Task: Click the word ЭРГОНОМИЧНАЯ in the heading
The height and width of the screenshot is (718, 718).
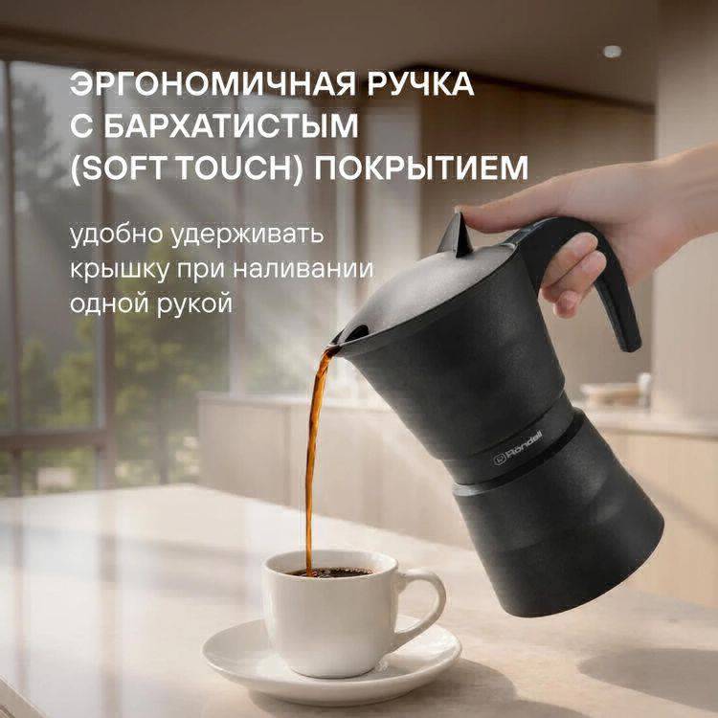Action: coord(213,84)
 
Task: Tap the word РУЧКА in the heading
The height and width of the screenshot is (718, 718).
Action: coord(420,84)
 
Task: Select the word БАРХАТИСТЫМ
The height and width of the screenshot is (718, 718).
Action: coord(232,125)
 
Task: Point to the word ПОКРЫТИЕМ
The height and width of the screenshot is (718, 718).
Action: coord(421,168)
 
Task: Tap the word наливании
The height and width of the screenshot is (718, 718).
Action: coord(303,269)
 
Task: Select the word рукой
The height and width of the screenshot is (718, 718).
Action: coord(194,304)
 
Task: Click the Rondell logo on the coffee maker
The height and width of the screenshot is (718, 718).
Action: coord(518,447)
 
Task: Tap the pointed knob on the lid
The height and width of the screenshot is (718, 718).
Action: coord(456,235)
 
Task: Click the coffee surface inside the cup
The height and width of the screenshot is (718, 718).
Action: coord(330,572)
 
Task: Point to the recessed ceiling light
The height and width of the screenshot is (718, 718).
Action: coord(613,52)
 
